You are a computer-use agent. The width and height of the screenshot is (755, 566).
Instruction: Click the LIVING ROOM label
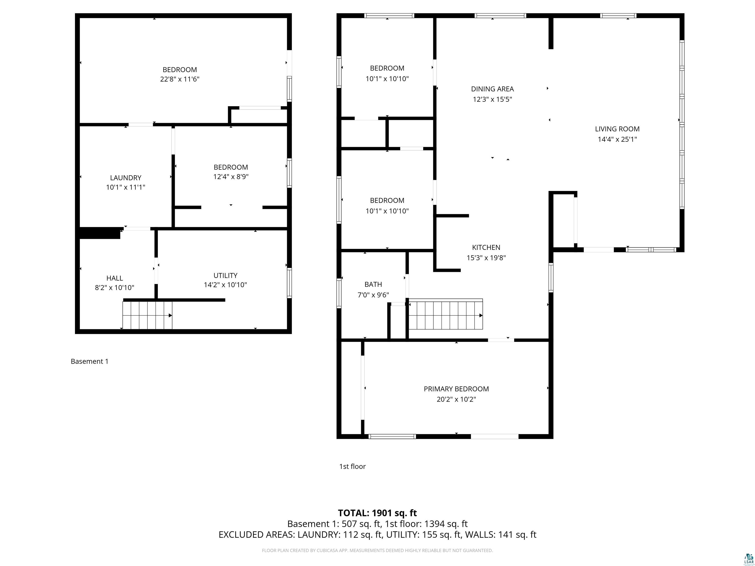pos(617,129)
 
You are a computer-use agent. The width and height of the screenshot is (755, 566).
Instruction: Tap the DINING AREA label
pos(492,89)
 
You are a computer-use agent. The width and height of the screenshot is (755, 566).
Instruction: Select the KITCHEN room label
pos(486,247)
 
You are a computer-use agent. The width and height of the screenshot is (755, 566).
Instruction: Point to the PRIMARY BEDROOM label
pos(456,389)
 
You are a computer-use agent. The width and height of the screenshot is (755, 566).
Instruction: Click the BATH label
pos(373,284)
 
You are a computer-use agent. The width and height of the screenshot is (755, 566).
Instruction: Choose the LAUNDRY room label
pos(126,178)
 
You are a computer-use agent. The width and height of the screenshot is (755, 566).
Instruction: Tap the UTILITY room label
pos(225,275)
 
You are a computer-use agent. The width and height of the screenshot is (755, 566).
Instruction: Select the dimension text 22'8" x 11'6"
pos(180,79)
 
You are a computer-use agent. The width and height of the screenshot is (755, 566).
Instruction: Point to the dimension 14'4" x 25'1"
pos(617,139)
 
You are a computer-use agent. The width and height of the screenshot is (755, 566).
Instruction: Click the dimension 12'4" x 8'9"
pos(231,177)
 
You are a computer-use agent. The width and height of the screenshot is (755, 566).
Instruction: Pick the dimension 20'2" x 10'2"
pos(456,399)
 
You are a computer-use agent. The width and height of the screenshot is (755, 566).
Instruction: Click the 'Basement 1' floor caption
pos(89,361)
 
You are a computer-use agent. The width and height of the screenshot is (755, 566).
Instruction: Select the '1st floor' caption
pos(352,466)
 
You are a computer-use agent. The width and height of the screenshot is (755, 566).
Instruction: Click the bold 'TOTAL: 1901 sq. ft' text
pos(377,513)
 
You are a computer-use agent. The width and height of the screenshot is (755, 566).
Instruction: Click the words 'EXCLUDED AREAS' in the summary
pos(256,535)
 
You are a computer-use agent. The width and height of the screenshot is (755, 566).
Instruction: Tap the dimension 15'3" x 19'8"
pos(486,258)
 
